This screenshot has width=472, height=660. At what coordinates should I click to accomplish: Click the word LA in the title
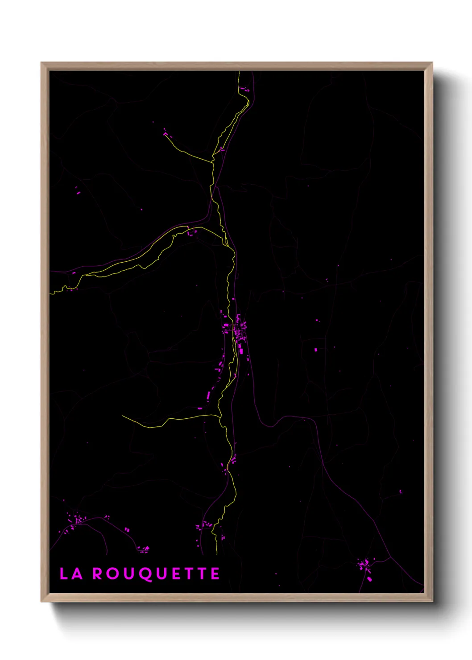[71, 573]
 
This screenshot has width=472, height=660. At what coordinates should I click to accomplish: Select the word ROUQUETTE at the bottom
[156, 574]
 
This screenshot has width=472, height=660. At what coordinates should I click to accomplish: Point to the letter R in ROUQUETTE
[98, 573]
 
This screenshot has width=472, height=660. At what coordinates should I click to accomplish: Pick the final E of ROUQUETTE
[215, 573]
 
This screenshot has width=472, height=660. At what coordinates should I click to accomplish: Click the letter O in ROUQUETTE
[113, 573]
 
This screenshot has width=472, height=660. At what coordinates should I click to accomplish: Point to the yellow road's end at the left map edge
[50, 293]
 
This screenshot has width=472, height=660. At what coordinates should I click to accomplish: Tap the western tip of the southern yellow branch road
[123, 416]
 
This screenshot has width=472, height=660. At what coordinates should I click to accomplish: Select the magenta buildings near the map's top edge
[244, 90]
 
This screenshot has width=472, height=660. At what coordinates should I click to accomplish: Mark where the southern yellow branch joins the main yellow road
[220, 417]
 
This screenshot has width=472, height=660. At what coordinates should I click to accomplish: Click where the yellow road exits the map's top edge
[239, 72]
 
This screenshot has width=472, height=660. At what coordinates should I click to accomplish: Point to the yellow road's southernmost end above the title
[217, 554]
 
